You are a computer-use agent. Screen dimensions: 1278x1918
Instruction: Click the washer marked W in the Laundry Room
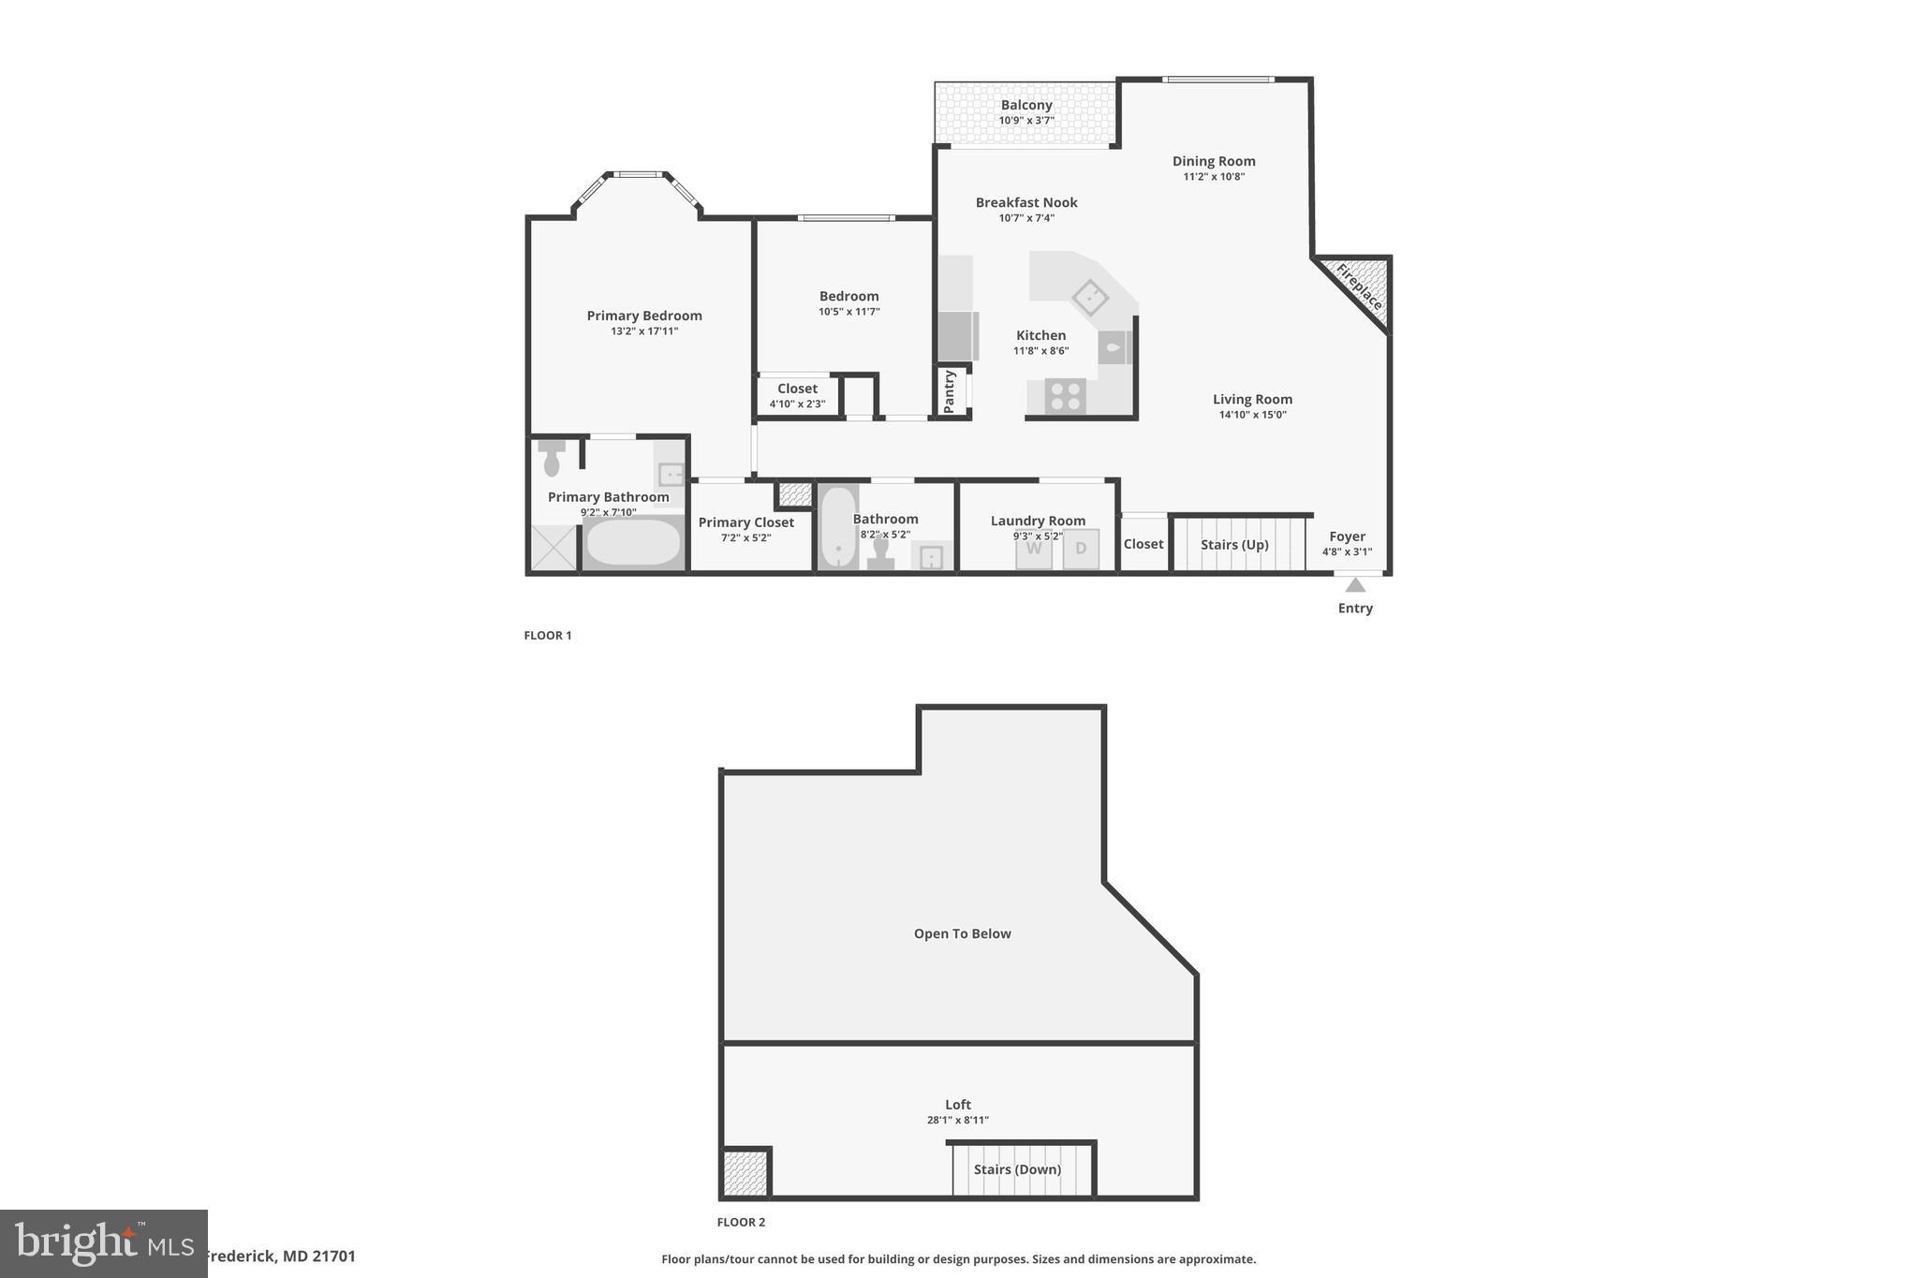point(1034,550)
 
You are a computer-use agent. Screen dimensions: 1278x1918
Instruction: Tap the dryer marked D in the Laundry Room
point(1081,550)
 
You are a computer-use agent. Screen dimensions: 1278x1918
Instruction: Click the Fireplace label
point(1359,286)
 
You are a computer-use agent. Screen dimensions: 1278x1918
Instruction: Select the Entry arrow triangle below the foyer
point(1355,585)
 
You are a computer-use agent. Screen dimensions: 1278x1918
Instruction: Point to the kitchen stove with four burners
point(1065,395)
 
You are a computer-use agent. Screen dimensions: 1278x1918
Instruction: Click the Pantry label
point(950,391)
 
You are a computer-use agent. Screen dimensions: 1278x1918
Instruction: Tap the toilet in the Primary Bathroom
point(552,459)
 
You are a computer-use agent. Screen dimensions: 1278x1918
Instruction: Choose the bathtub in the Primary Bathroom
point(634,543)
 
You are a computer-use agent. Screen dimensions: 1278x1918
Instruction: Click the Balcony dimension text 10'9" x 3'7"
point(1026,121)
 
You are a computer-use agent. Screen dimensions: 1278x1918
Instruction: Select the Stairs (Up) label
point(1234,545)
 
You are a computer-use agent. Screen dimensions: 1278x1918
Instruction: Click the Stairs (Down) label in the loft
point(1017,1169)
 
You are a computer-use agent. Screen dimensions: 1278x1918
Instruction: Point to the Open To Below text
point(962,933)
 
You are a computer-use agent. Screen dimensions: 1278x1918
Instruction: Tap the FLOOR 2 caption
point(741,1222)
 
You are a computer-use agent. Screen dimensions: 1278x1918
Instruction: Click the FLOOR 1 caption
point(548,636)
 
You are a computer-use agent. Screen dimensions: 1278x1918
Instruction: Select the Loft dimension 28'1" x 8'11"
point(957,1121)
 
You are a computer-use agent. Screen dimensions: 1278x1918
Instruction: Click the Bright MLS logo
point(103,1243)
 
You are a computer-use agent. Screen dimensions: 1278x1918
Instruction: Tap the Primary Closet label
point(745,522)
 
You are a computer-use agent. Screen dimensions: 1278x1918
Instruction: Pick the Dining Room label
point(1214,161)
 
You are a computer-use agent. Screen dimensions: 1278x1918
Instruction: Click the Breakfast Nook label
point(1026,202)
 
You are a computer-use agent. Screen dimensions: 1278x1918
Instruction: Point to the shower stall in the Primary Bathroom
point(553,549)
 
